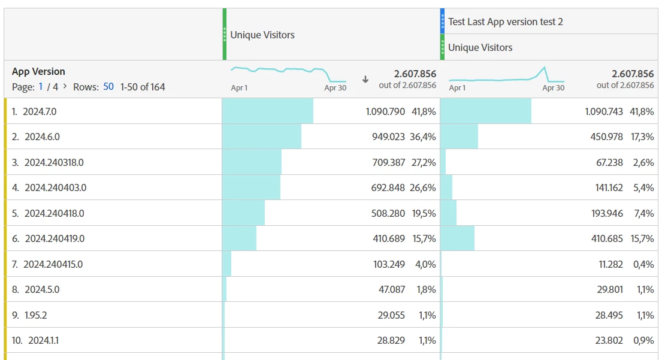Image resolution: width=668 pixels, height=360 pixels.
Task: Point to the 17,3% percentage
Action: pyautogui.click(x=642, y=137)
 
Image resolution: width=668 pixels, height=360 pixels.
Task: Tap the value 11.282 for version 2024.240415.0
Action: pyautogui.click(x=607, y=264)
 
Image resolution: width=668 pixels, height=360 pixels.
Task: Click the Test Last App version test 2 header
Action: pyautogui.click(x=505, y=22)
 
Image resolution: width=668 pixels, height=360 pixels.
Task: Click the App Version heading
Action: pyautogui.click(x=38, y=71)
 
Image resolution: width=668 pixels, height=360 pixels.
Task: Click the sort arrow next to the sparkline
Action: pyautogui.click(x=365, y=79)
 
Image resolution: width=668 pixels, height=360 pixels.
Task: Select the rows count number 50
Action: pyautogui.click(x=108, y=87)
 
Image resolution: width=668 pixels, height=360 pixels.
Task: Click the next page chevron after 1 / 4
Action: pyautogui.click(x=65, y=86)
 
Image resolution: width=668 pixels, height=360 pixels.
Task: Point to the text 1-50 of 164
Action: pyautogui.click(x=143, y=87)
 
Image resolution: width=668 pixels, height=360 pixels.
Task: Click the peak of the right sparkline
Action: pyautogui.click(x=544, y=68)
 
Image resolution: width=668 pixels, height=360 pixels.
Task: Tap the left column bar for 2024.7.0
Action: pyautogui.click(x=267, y=111)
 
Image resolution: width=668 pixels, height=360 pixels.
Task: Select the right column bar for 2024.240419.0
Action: pyautogui.click(x=458, y=238)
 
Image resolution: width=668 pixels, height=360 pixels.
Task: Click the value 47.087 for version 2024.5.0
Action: pyautogui.click(x=392, y=289)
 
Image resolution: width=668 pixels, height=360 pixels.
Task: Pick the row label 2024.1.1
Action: pyautogui.click(x=43, y=340)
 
